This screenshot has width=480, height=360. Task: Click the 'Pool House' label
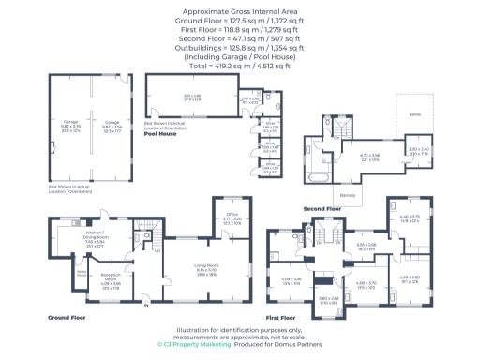[161, 135]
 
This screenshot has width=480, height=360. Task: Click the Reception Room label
[111, 278]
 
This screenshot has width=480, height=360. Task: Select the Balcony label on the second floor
[347, 195]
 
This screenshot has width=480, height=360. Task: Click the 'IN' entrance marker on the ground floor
[146, 303]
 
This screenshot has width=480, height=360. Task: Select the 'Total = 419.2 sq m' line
[239, 67]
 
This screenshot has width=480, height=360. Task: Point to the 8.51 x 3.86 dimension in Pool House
[192, 97]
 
